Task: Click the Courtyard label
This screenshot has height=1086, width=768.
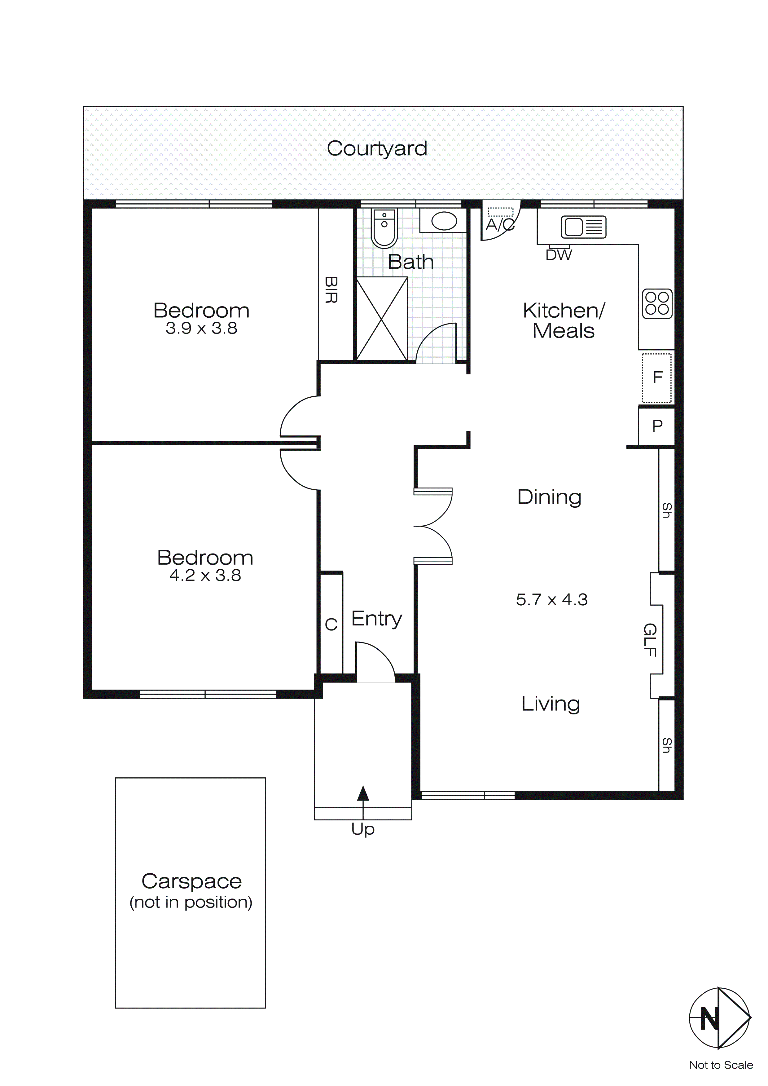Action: [377, 148]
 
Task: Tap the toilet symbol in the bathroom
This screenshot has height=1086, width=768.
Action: [384, 228]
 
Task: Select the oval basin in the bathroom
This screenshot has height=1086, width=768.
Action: [444, 221]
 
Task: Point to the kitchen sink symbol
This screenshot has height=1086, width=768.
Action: [584, 227]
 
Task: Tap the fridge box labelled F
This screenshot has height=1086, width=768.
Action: [657, 378]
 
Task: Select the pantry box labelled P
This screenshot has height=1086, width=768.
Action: [657, 426]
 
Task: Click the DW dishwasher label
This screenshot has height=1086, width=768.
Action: [559, 255]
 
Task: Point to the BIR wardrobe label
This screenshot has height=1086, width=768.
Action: [331, 290]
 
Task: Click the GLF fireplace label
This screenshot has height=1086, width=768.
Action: [651, 640]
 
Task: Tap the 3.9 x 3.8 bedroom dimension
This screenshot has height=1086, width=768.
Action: [201, 328]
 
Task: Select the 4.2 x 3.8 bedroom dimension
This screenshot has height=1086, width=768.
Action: [205, 576]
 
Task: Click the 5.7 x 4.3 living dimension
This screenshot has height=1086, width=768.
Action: [551, 600]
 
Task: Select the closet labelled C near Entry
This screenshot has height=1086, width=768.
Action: [331, 624]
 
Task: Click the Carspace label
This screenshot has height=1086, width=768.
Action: [191, 881]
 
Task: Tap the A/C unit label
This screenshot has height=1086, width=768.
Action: [500, 225]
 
